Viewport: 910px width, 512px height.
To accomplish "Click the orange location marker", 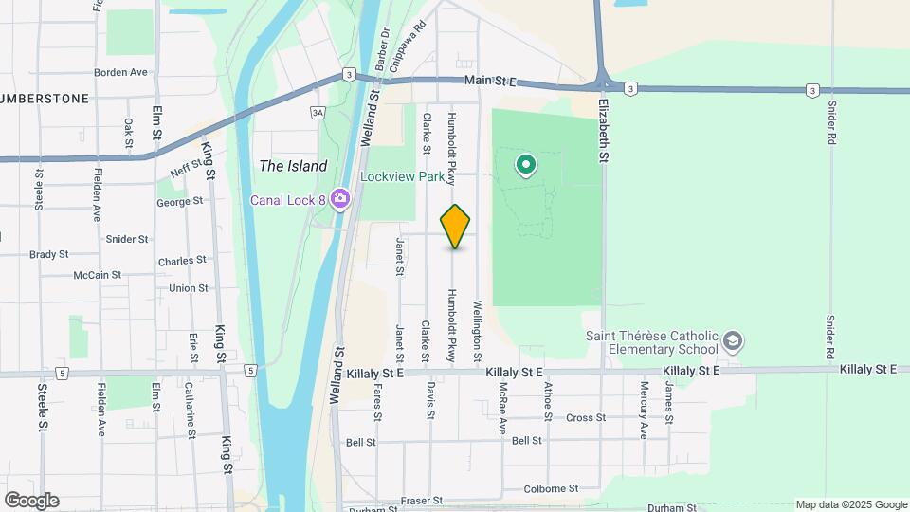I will click(x=456, y=227).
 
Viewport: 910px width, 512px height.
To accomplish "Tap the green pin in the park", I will click(x=525, y=166).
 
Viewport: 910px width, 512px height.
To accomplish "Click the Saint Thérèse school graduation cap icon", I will click(x=732, y=340).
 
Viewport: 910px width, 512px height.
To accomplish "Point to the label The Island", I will click(x=293, y=166).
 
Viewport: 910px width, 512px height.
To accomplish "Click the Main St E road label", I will click(x=489, y=82).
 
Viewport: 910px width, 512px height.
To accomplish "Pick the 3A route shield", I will click(x=318, y=113).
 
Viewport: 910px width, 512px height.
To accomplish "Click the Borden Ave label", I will click(x=120, y=72).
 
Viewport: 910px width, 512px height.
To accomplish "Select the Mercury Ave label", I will click(x=644, y=397).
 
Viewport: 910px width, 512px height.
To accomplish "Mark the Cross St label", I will click(x=586, y=417).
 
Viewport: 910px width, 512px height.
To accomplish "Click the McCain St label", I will click(x=97, y=275).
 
